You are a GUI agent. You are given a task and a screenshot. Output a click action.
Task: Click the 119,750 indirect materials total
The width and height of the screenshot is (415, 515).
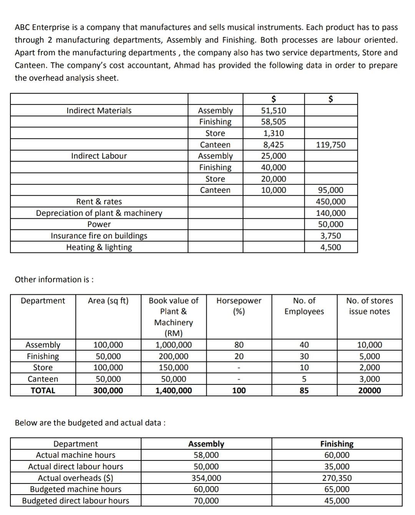(330, 145)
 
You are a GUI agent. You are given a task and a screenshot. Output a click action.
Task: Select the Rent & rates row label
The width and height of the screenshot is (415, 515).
(99, 201)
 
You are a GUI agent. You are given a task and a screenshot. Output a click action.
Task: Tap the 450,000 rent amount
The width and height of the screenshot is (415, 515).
(330, 201)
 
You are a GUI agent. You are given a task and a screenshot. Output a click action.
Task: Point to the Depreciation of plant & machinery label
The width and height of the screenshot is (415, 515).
(99, 213)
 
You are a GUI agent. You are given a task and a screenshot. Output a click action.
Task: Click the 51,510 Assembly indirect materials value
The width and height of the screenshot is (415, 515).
(273, 111)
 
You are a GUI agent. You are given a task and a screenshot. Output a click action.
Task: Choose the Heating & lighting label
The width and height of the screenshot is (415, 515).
(99, 247)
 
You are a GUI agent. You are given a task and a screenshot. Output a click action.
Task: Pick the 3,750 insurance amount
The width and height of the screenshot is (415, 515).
(330, 236)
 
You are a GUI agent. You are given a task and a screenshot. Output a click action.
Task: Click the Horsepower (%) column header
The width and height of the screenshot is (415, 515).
(239, 306)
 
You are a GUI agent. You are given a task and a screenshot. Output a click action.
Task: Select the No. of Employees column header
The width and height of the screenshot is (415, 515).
(304, 306)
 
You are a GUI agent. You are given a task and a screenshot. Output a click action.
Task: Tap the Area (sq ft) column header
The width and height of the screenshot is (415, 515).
(108, 300)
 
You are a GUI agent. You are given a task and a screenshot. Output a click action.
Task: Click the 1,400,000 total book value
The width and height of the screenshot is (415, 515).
(173, 391)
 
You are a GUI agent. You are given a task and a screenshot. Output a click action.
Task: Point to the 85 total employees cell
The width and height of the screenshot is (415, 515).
(304, 391)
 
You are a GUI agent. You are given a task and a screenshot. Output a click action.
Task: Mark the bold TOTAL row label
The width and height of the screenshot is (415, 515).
(43, 391)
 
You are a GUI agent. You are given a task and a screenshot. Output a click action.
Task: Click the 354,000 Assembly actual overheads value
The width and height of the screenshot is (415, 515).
(206, 478)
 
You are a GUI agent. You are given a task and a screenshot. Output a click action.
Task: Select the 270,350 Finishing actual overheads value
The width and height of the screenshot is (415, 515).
(337, 478)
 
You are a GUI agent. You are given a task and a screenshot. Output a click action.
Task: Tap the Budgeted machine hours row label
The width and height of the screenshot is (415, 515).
(75, 489)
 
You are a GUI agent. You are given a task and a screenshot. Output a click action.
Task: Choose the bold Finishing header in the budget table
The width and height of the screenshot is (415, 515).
(337, 444)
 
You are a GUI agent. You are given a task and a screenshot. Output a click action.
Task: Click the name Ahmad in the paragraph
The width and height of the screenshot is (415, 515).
(187, 65)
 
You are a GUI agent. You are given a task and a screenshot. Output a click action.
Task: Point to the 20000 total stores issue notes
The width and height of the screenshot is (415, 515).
(369, 391)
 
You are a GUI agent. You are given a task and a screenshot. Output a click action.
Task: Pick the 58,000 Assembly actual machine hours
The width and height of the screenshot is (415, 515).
(206, 455)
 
